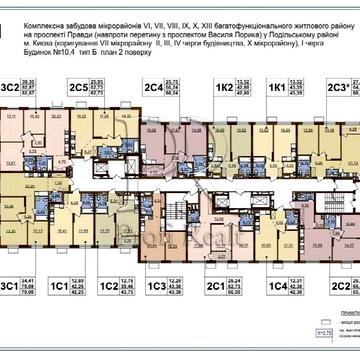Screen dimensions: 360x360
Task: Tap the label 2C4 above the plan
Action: click(152, 88)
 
